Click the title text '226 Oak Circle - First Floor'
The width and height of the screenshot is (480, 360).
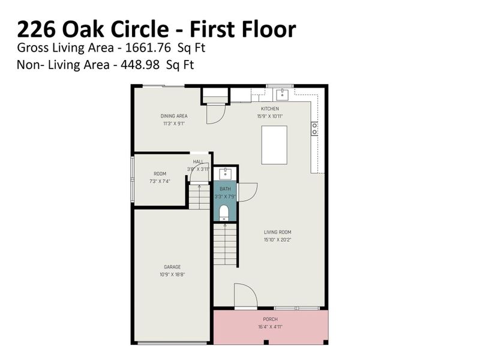click(x=156, y=29)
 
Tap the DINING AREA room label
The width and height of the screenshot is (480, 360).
click(x=174, y=116)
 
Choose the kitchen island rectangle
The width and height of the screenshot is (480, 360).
click(x=274, y=145)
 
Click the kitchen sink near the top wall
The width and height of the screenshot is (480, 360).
click(x=282, y=94)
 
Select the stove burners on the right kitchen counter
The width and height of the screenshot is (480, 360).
click(x=314, y=128)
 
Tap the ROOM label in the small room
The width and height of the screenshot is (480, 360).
click(x=160, y=174)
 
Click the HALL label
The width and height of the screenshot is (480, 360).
click(x=198, y=162)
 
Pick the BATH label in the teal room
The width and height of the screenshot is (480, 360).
click(x=225, y=189)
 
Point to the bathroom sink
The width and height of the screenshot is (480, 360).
click(x=225, y=174)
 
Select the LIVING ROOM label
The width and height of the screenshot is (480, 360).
click(x=277, y=232)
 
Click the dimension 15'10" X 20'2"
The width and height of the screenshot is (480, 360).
click(x=277, y=239)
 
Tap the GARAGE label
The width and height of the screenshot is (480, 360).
click(x=172, y=267)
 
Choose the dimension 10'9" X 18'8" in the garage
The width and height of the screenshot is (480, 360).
click(x=172, y=274)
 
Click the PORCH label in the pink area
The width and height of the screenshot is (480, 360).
click(x=271, y=319)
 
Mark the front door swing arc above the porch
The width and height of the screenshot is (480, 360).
click(x=246, y=295)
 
